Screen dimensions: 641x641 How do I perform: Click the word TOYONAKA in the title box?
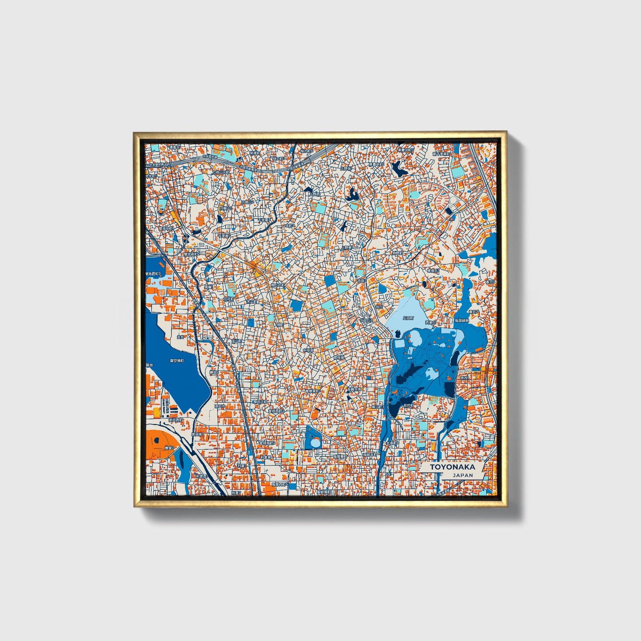click(x=452, y=467)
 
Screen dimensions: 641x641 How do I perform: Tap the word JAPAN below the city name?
click(x=463, y=475)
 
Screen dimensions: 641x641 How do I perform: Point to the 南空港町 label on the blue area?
click(x=177, y=361)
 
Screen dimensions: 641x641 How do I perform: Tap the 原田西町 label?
click(x=176, y=420)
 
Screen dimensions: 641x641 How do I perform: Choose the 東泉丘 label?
click(x=433, y=270)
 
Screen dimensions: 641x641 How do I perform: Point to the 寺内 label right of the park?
click(x=464, y=378)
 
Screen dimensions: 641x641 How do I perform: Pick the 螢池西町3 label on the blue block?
click(x=153, y=275)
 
